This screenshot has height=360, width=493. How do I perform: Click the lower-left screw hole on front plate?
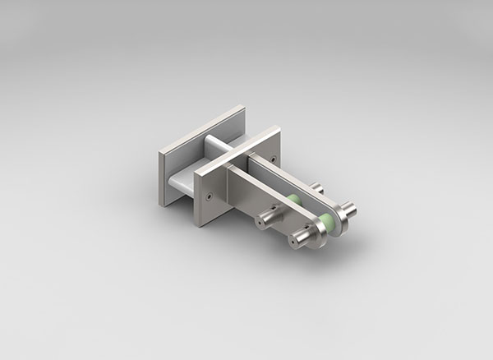pyautogui.click(x=210, y=196)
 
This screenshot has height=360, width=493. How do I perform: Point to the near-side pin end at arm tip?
pyautogui.click(x=297, y=242)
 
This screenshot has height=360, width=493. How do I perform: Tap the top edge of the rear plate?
pyautogui.click(x=201, y=125)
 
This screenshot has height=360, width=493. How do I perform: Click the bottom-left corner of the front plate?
pyautogui.click(x=197, y=223)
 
